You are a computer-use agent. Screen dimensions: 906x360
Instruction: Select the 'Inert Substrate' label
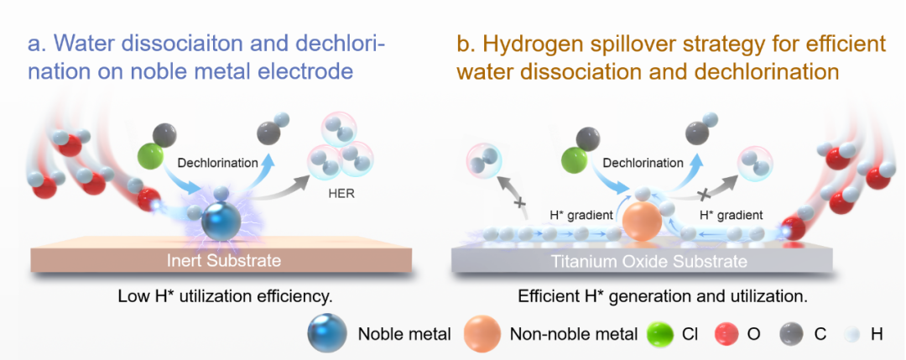(x=223, y=261)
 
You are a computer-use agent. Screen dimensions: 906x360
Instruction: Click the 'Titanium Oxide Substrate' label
(x=641, y=262)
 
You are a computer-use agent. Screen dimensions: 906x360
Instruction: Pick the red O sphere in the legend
(x=731, y=334)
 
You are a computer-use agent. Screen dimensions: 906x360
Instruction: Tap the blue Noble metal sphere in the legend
(x=328, y=333)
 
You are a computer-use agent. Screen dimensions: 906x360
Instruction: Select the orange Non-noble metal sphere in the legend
(x=482, y=333)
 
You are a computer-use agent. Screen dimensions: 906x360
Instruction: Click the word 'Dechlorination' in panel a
(x=218, y=163)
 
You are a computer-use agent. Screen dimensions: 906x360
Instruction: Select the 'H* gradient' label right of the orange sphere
(x=731, y=216)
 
